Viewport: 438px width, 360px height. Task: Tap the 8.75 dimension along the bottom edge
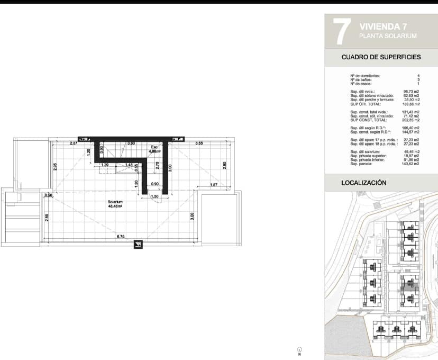coord(121,237)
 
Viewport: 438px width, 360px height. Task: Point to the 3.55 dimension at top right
coord(199,143)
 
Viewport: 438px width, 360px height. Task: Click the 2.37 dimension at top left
coord(74,143)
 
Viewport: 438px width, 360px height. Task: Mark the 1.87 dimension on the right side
coord(214,184)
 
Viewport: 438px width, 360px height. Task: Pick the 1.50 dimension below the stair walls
coord(155,196)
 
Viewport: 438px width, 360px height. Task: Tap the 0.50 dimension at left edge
coord(49,195)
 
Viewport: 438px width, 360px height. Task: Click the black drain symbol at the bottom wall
coord(138,244)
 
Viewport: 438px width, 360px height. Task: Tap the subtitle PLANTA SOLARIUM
coord(388,36)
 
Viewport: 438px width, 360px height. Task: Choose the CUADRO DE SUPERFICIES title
coord(381,57)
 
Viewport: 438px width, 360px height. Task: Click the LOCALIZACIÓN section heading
coord(364,182)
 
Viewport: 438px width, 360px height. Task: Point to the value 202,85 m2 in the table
coord(410,120)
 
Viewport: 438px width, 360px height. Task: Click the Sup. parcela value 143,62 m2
coord(410,164)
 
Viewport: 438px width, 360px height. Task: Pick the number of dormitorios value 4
coord(418,76)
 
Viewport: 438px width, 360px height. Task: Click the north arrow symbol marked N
coord(299,350)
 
